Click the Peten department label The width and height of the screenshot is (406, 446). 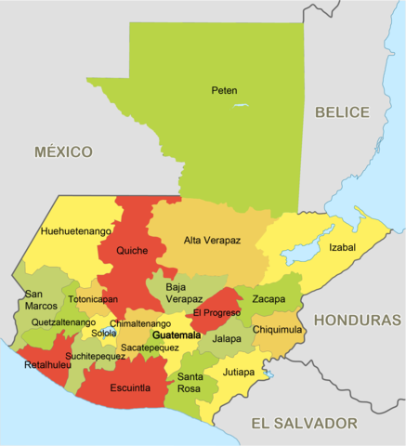click(224, 90)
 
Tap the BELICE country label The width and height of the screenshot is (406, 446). click(341, 111)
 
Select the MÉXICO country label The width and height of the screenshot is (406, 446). click(64, 151)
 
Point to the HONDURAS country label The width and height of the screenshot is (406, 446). click(358, 319)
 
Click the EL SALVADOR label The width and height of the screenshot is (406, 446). click(304, 423)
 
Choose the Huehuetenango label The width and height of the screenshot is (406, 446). click(76, 230)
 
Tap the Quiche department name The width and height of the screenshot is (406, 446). click(132, 250)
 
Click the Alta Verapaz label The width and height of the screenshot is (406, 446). click(212, 240)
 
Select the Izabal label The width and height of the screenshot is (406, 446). click(342, 247)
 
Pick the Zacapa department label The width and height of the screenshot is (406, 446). click(268, 299)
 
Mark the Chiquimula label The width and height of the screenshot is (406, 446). click(277, 329)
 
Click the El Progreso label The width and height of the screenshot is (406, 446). click(217, 312)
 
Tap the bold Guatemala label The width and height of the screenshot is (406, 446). click(176, 334)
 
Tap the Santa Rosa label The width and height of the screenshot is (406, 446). click(190, 382)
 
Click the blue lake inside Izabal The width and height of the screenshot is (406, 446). click(300, 252)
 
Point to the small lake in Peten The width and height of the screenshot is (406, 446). click(242, 105)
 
